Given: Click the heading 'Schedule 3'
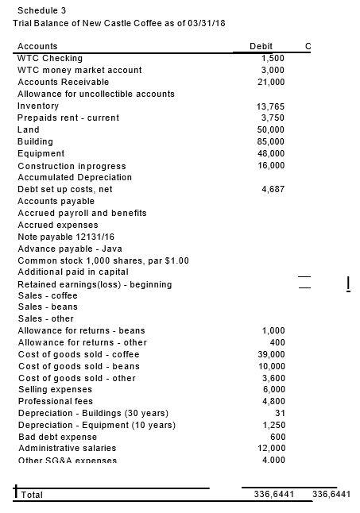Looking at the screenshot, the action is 41,10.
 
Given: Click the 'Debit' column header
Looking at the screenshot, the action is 261,47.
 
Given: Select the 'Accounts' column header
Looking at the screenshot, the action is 37,47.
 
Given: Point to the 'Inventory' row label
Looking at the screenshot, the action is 38,106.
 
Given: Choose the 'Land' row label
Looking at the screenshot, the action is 29,129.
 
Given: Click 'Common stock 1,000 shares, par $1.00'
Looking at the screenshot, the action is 103,260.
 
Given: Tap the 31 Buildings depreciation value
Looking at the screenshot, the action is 278,413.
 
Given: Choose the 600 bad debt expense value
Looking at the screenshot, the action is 276,436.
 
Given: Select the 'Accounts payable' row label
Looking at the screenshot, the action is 55,201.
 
